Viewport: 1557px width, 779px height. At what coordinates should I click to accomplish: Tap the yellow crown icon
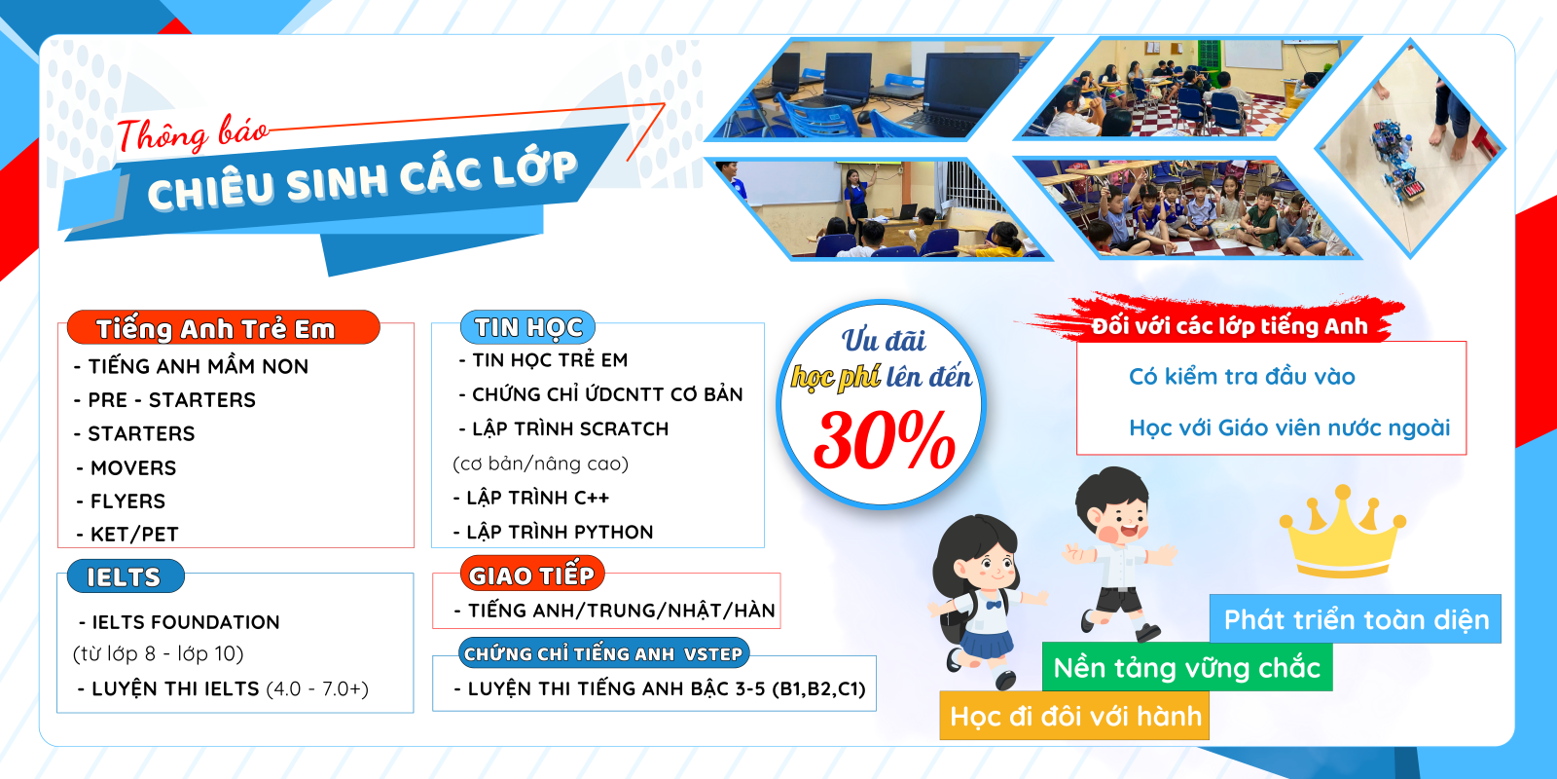(1342, 532)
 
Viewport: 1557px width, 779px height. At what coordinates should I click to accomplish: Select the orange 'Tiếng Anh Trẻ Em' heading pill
(223, 327)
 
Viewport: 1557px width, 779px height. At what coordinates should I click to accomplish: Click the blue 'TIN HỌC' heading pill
(527, 327)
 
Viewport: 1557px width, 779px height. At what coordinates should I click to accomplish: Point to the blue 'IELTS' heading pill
(126, 575)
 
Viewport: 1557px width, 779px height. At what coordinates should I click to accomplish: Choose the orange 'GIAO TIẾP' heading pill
(531, 575)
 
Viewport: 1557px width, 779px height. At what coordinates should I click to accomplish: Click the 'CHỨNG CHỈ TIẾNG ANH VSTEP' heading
(603, 653)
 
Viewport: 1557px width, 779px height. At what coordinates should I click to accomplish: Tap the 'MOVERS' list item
(127, 467)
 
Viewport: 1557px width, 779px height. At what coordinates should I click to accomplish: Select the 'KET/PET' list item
(127, 534)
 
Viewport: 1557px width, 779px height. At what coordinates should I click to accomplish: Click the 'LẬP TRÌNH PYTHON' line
(554, 532)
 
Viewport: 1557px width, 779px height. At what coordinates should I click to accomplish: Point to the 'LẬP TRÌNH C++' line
(531, 498)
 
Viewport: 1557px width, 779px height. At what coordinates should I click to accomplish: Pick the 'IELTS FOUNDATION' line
(179, 622)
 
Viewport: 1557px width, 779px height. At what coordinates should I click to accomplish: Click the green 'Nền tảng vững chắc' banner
(1187, 668)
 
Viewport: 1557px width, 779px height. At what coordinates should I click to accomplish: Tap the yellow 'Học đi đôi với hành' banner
(1074, 716)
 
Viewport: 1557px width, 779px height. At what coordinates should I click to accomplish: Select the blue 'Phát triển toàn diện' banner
(1356, 619)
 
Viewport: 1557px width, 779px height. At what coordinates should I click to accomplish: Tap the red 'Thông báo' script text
(193, 134)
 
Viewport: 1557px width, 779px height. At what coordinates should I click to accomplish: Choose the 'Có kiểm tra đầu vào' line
(1242, 376)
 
